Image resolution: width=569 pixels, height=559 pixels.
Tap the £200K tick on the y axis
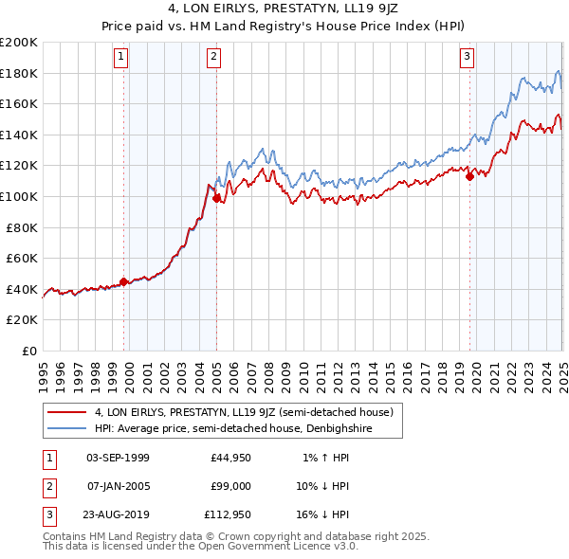pyautogui.click(x=19, y=43)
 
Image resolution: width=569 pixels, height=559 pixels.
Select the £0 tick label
pyautogui.click(x=28, y=351)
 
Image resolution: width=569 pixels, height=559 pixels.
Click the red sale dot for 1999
pyautogui.click(x=124, y=281)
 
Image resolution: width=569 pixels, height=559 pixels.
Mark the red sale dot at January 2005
pyautogui.click(x=216, y=198)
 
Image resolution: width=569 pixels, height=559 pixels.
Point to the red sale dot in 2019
pyautogui.click(x=469, y=176)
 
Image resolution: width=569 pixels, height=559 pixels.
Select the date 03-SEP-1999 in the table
pyautogui.click(x=118, y=458)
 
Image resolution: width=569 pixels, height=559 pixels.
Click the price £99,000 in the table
pyautogui.click(x=230, y=486)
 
